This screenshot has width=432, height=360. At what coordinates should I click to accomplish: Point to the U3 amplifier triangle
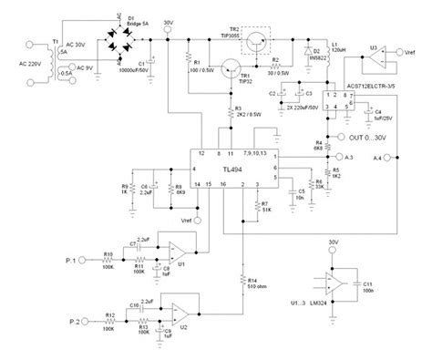click(375, 61)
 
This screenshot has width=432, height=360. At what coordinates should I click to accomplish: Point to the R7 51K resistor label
click(266, 206)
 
